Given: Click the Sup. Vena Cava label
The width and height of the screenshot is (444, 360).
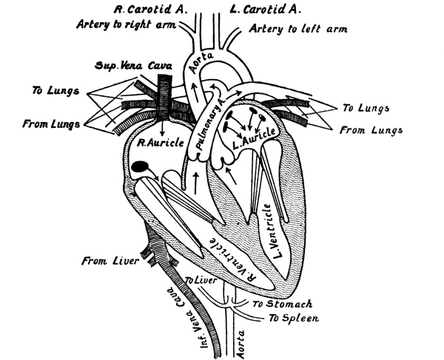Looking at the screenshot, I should click(x=129, y=66).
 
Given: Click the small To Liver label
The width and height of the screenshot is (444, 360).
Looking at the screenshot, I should click(x=198, y=281).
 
